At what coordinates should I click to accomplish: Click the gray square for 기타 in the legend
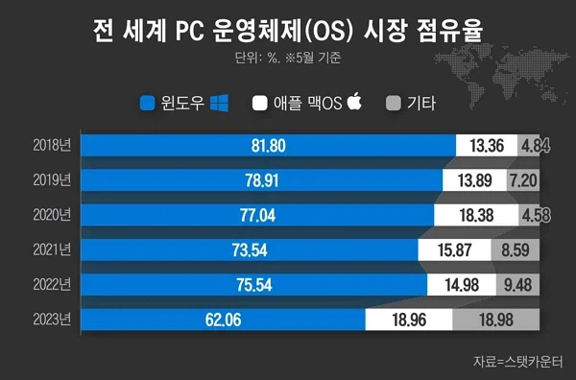pyautogui.click(x=392, y=103)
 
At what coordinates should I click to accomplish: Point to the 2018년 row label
pyautogui.click(x=51, y=145)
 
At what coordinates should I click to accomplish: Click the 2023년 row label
pyautogui.click(x=51, y=320)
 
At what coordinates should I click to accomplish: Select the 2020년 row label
pyautogui.click(x=51, y=215)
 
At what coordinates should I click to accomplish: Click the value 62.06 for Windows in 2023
pyautogui.click(x=223, y=320)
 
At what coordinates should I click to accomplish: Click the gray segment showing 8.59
pyautogui.click(x=519, y=249)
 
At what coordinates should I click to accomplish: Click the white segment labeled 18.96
pyautogui.click(x=408, y=320)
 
